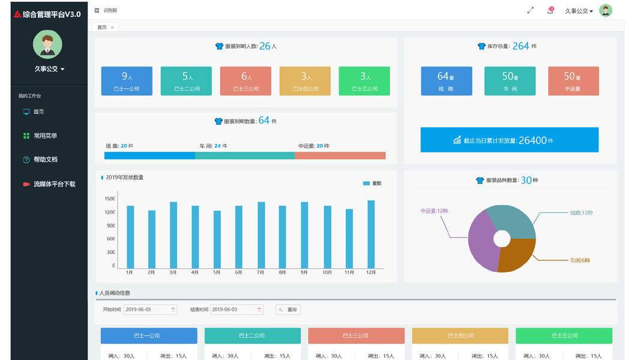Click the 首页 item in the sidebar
point(38,112)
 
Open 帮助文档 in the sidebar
point(45,160)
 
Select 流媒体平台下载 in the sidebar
point(54,184)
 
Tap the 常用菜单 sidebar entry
point(45,136)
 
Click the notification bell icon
point(550,11)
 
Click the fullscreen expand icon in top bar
point(530,11)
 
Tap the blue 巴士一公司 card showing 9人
point(127,81)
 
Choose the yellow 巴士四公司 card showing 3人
point(305,81)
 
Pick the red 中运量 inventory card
point(573,81)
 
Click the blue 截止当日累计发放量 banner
point(509,140)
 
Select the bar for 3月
point(173,235)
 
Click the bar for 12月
point(371,235)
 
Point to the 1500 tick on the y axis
point(110,199)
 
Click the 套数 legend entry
point(372,184)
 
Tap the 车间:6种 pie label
point(580,260)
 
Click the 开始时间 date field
point(150,310)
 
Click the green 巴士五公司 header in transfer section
point(564,335)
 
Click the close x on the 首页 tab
point(112,28)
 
